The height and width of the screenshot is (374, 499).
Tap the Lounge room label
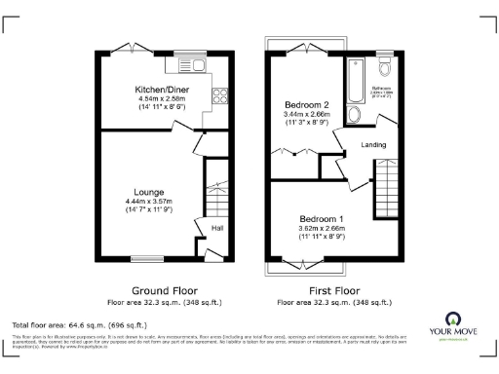click(x=148, y=192)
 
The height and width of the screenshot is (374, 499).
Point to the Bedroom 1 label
click(x=320, y=218)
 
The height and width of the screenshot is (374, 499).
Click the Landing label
click(x=373, y=145)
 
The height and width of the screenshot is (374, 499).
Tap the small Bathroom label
click(x=382, y=88)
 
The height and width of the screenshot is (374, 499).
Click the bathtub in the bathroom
click(x=352, y=80)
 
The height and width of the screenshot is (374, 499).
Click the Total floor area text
click(x=78, y=324)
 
